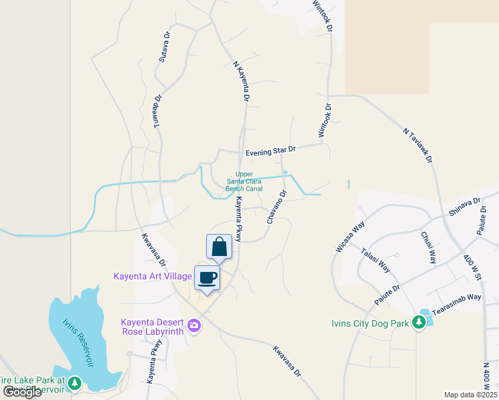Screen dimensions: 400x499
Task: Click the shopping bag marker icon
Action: coord(219,247)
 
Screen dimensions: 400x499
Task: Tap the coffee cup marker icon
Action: coord(207,277)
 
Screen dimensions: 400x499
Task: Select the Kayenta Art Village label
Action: coord(153,276)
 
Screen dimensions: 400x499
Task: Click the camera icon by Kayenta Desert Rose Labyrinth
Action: coord(194,325)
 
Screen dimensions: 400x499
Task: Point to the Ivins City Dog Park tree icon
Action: coord(418,323)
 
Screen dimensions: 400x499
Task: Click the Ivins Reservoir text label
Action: coord(79,342)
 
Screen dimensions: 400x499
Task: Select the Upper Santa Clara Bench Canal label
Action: coord(244,181)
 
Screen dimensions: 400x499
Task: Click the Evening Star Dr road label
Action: coord(270,152)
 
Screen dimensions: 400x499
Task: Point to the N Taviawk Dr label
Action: coord(418,145)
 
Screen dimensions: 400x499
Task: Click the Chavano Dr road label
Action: coord(277,207)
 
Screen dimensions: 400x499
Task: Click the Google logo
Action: coord(22,391)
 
